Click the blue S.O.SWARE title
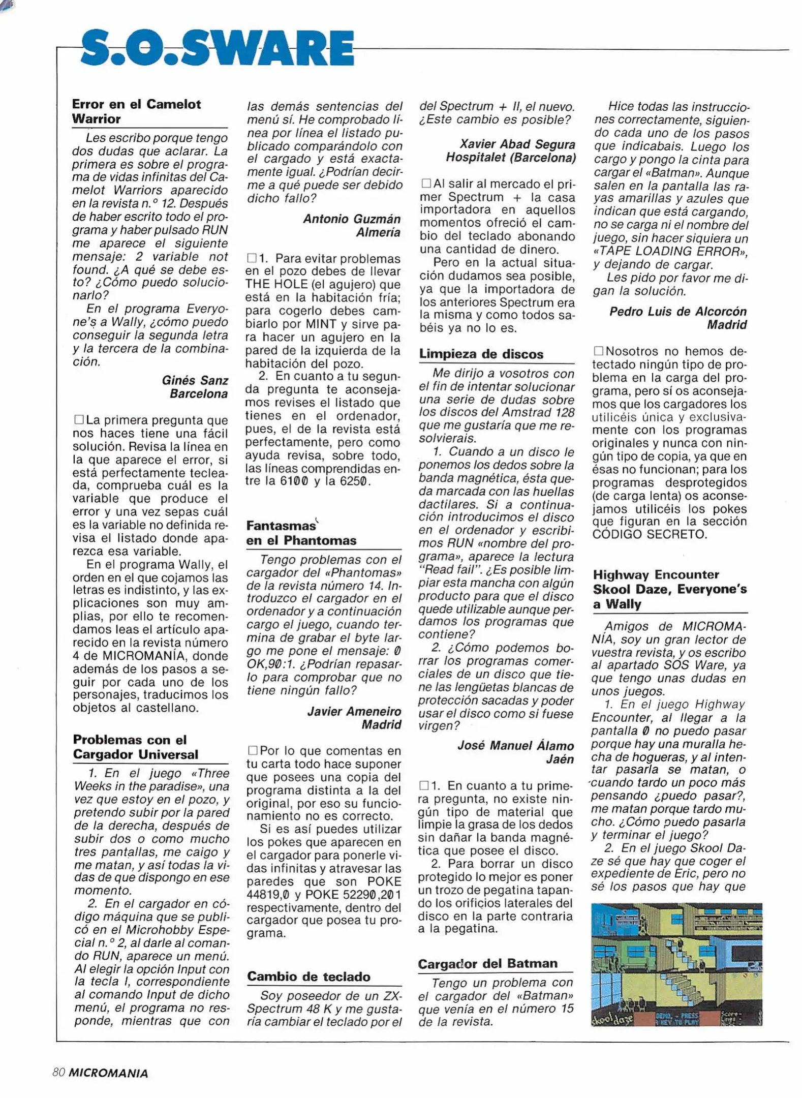pyautogui.click(x=217, y=48)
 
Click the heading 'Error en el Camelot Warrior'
pyautogui.click(x=136, y=111)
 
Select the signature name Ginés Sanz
pyautogui.click(x=195, y=380)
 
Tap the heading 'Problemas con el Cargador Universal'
pyautogui.click(x=135, y=746)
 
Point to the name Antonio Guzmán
pyautogui.click(x=352, y=219)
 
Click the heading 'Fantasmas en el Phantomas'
pyautogui.click(x=301, y=533)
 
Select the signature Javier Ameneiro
pyautogui.click(x=354, y=711)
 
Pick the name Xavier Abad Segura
pyautogui.click(x=517, y=144)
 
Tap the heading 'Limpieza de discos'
pyautogui.click(x=481, y=354)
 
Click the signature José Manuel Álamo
pyautogui.click(x=515, y=745)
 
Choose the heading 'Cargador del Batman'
pyautogui.click(x=487, y=963)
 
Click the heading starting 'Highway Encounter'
pyautogui.click(x=669, y=589)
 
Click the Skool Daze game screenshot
pyautogui.click(x=676, y=964)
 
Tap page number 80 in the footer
pyautogui.click(x=58, y=1072)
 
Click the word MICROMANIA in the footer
pyautogui.click(x=108, y=1073)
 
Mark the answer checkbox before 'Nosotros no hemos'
pyautogui.click(x=598, y=351)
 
